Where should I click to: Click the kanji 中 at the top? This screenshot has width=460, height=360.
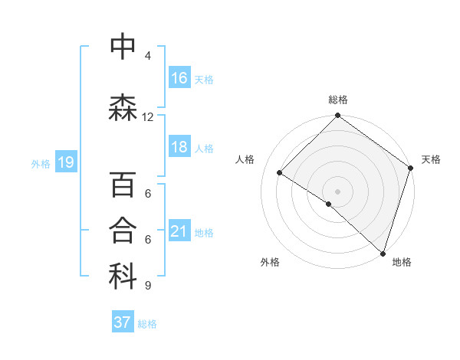(x=123, y=47)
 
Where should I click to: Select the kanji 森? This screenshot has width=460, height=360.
(x=123, y=108)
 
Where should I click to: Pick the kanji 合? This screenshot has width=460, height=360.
(x=123, y=231)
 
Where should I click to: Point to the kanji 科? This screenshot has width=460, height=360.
(x=123, y=277)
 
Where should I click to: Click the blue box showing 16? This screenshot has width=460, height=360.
(x=179, y=78)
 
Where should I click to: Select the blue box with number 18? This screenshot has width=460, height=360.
(x=179, y=148)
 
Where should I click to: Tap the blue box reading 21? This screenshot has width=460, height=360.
(x=179, y=231)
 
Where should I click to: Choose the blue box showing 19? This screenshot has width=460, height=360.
(x=65, y=162)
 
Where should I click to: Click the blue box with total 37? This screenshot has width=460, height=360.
(x=123, y=322)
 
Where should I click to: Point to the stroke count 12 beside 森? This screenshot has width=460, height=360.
(x=148, y=117)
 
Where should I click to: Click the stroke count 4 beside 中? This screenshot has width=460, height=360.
(x=148, y=56)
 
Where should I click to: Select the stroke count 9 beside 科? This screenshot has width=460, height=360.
(x=148, y=286)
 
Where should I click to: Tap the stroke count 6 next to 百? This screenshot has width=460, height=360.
(x=148, y=194)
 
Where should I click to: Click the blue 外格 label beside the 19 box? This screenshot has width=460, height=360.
(x=41, y=163)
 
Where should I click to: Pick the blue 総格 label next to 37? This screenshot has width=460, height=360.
(x=147, y=324)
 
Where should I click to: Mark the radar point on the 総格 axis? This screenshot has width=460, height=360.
(x=337, y=116)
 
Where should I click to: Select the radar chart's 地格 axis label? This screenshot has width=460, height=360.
(x=402, y=262)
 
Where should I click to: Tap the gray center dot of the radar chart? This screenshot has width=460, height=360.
(x=337, y=191)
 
